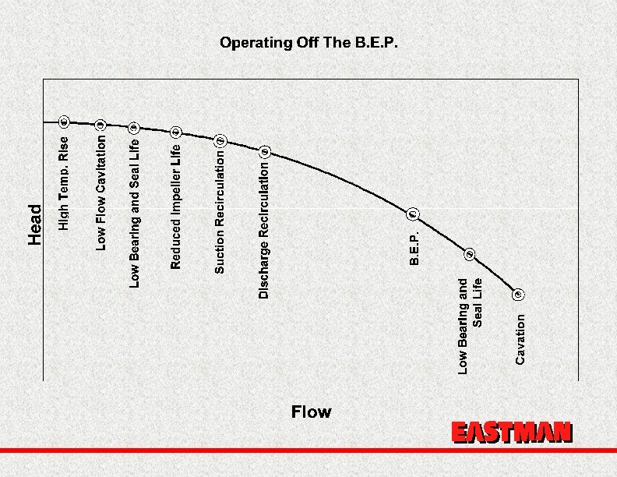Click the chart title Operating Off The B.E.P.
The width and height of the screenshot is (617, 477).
coord(309,42)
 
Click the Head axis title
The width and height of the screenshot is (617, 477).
coord(35,224)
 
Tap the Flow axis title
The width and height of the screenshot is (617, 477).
coord(311,412)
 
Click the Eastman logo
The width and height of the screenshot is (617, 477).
coord(512,433)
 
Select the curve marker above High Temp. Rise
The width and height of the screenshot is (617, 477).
coord(65,121)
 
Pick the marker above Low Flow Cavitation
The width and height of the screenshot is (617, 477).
coord(100,124)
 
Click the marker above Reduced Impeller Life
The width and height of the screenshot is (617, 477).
coord(176,132)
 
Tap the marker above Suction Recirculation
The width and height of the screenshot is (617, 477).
coord(220,140)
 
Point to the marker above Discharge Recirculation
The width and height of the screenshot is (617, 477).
coord(264,150)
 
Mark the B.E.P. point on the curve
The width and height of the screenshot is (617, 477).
coord(413,214)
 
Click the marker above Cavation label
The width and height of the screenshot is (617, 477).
coord(519,294)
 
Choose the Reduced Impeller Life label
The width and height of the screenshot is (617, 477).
coord(176,207)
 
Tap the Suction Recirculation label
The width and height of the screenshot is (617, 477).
coord(220,213)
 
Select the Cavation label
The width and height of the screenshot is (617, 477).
coord(520,337)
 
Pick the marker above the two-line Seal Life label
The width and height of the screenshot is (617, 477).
coord(470,254)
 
